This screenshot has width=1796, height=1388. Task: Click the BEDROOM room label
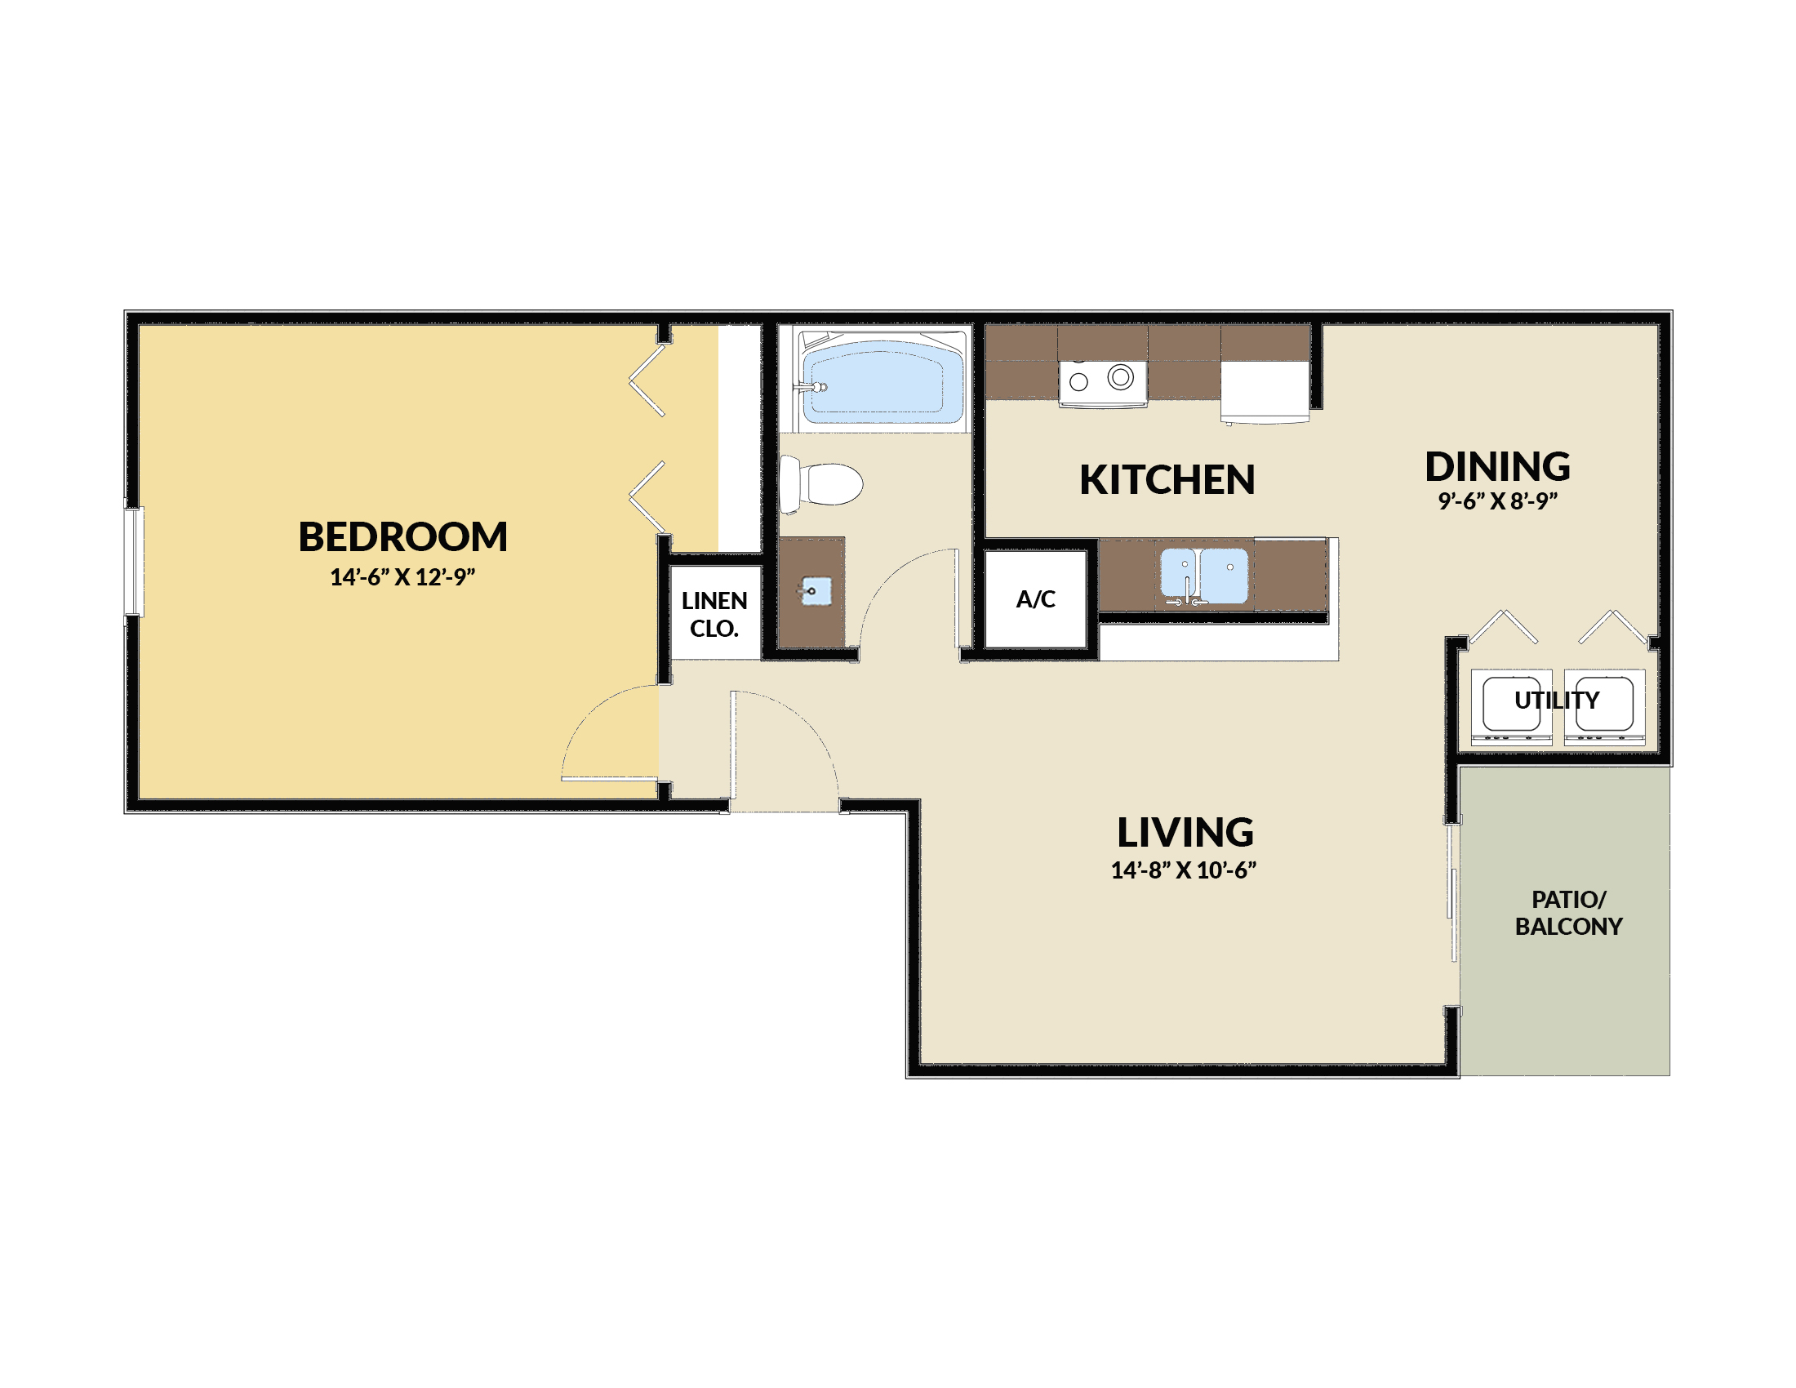[x=403, y=537]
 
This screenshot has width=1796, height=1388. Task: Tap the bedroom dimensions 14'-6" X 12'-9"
[x=403, y=577]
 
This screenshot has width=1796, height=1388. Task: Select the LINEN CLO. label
[x=714, y=615]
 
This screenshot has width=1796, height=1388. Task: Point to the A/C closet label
[x=1036, y=599]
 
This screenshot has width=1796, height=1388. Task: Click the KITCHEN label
[x=1167, y=480]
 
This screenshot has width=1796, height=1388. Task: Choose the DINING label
[x=1498, y=467]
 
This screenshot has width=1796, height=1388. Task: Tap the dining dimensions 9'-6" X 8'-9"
[x=1498, y=501]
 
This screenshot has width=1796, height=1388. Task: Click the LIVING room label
[x=1186, y=833]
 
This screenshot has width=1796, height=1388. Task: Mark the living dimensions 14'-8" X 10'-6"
[x=1185, y=871]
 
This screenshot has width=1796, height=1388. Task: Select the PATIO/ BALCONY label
[x=1569, y=914]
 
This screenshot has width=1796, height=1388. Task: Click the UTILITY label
[x=1558, y=701]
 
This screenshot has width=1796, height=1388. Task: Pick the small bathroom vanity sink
[x=816, y=591]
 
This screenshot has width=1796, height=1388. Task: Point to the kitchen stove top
[x=1103, y=383]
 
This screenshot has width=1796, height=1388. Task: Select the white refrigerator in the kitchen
[x=1265, y=392]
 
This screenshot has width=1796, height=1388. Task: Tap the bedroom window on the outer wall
[x=134, y=562]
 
